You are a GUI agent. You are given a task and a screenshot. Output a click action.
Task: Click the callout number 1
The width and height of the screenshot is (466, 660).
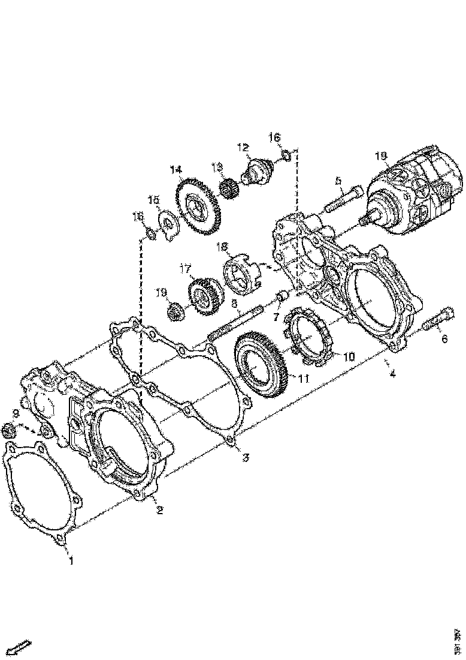pyautogui.click(x=71, y=562)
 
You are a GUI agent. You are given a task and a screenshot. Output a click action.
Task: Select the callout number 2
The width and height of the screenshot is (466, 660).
pyautogui.click(x=160, y=511)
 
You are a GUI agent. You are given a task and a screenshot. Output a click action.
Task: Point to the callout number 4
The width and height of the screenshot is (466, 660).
pyautogui.click(x=392, y=374)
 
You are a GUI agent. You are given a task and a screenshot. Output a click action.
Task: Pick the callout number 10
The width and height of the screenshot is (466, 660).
pyautogui.click(x=349, y=356)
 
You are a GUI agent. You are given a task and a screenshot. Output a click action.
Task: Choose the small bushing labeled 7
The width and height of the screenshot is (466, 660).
pyautogui.click(x=284, y=297)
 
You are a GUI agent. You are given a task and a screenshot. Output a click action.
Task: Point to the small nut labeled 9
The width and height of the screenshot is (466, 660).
pyautogui.click(x=8, y=430)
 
